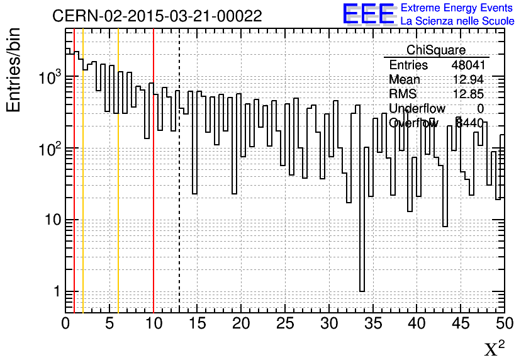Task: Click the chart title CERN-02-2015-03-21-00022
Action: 157,16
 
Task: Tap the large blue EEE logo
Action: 368,14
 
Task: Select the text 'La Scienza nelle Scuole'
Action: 457,21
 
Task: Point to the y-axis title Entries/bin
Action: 14,69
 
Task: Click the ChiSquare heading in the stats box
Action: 436,50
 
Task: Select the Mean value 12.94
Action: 468,80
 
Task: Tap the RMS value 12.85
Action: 468,94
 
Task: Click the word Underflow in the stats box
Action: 417,109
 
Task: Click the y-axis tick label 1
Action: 55,292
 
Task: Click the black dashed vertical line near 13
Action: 180,189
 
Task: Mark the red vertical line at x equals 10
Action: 154,189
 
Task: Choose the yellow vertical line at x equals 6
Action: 118,189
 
